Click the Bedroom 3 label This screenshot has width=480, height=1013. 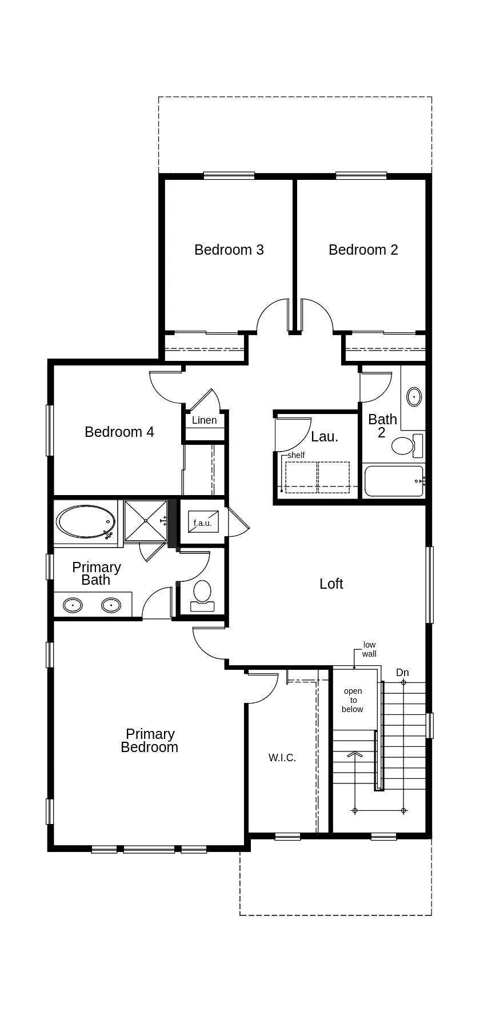tap(229, 250)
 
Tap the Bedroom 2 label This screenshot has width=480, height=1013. tap(363, 250)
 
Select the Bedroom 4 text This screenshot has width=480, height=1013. tap(119, 432)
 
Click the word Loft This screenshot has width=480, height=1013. tap(331, 584)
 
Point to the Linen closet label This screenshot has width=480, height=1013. tap(204, 420)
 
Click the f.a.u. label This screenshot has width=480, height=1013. tap(202, 523)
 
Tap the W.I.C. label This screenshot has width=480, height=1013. tap(282, 758)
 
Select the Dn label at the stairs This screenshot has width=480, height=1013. tap(402, 673)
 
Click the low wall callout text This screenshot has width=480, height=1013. tap(369, 649)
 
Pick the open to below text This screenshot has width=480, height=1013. tap(353, 700)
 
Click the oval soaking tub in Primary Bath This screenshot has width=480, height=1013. tap(86, 521)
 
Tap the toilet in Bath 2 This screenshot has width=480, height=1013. tap(403, 445)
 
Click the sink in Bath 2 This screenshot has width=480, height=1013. tap(414, 396)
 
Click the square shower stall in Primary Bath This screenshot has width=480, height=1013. tap(145, 520)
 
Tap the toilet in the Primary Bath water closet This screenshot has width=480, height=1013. tap(202, 593)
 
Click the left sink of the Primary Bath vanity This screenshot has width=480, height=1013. tap(73, 605)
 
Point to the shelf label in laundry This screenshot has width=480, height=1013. tap(295, 455)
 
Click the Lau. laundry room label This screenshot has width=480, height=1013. tap(325, 437)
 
